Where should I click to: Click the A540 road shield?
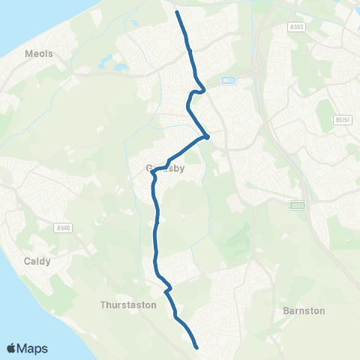coord(62,229)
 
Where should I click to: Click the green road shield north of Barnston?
coord(298,204)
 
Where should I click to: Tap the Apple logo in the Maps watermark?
coord(12,348)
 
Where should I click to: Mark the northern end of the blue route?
coord(177,13)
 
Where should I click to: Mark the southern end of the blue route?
coord(196,347)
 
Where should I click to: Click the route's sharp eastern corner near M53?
coord(205,136)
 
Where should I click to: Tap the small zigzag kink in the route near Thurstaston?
coord(169,287)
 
